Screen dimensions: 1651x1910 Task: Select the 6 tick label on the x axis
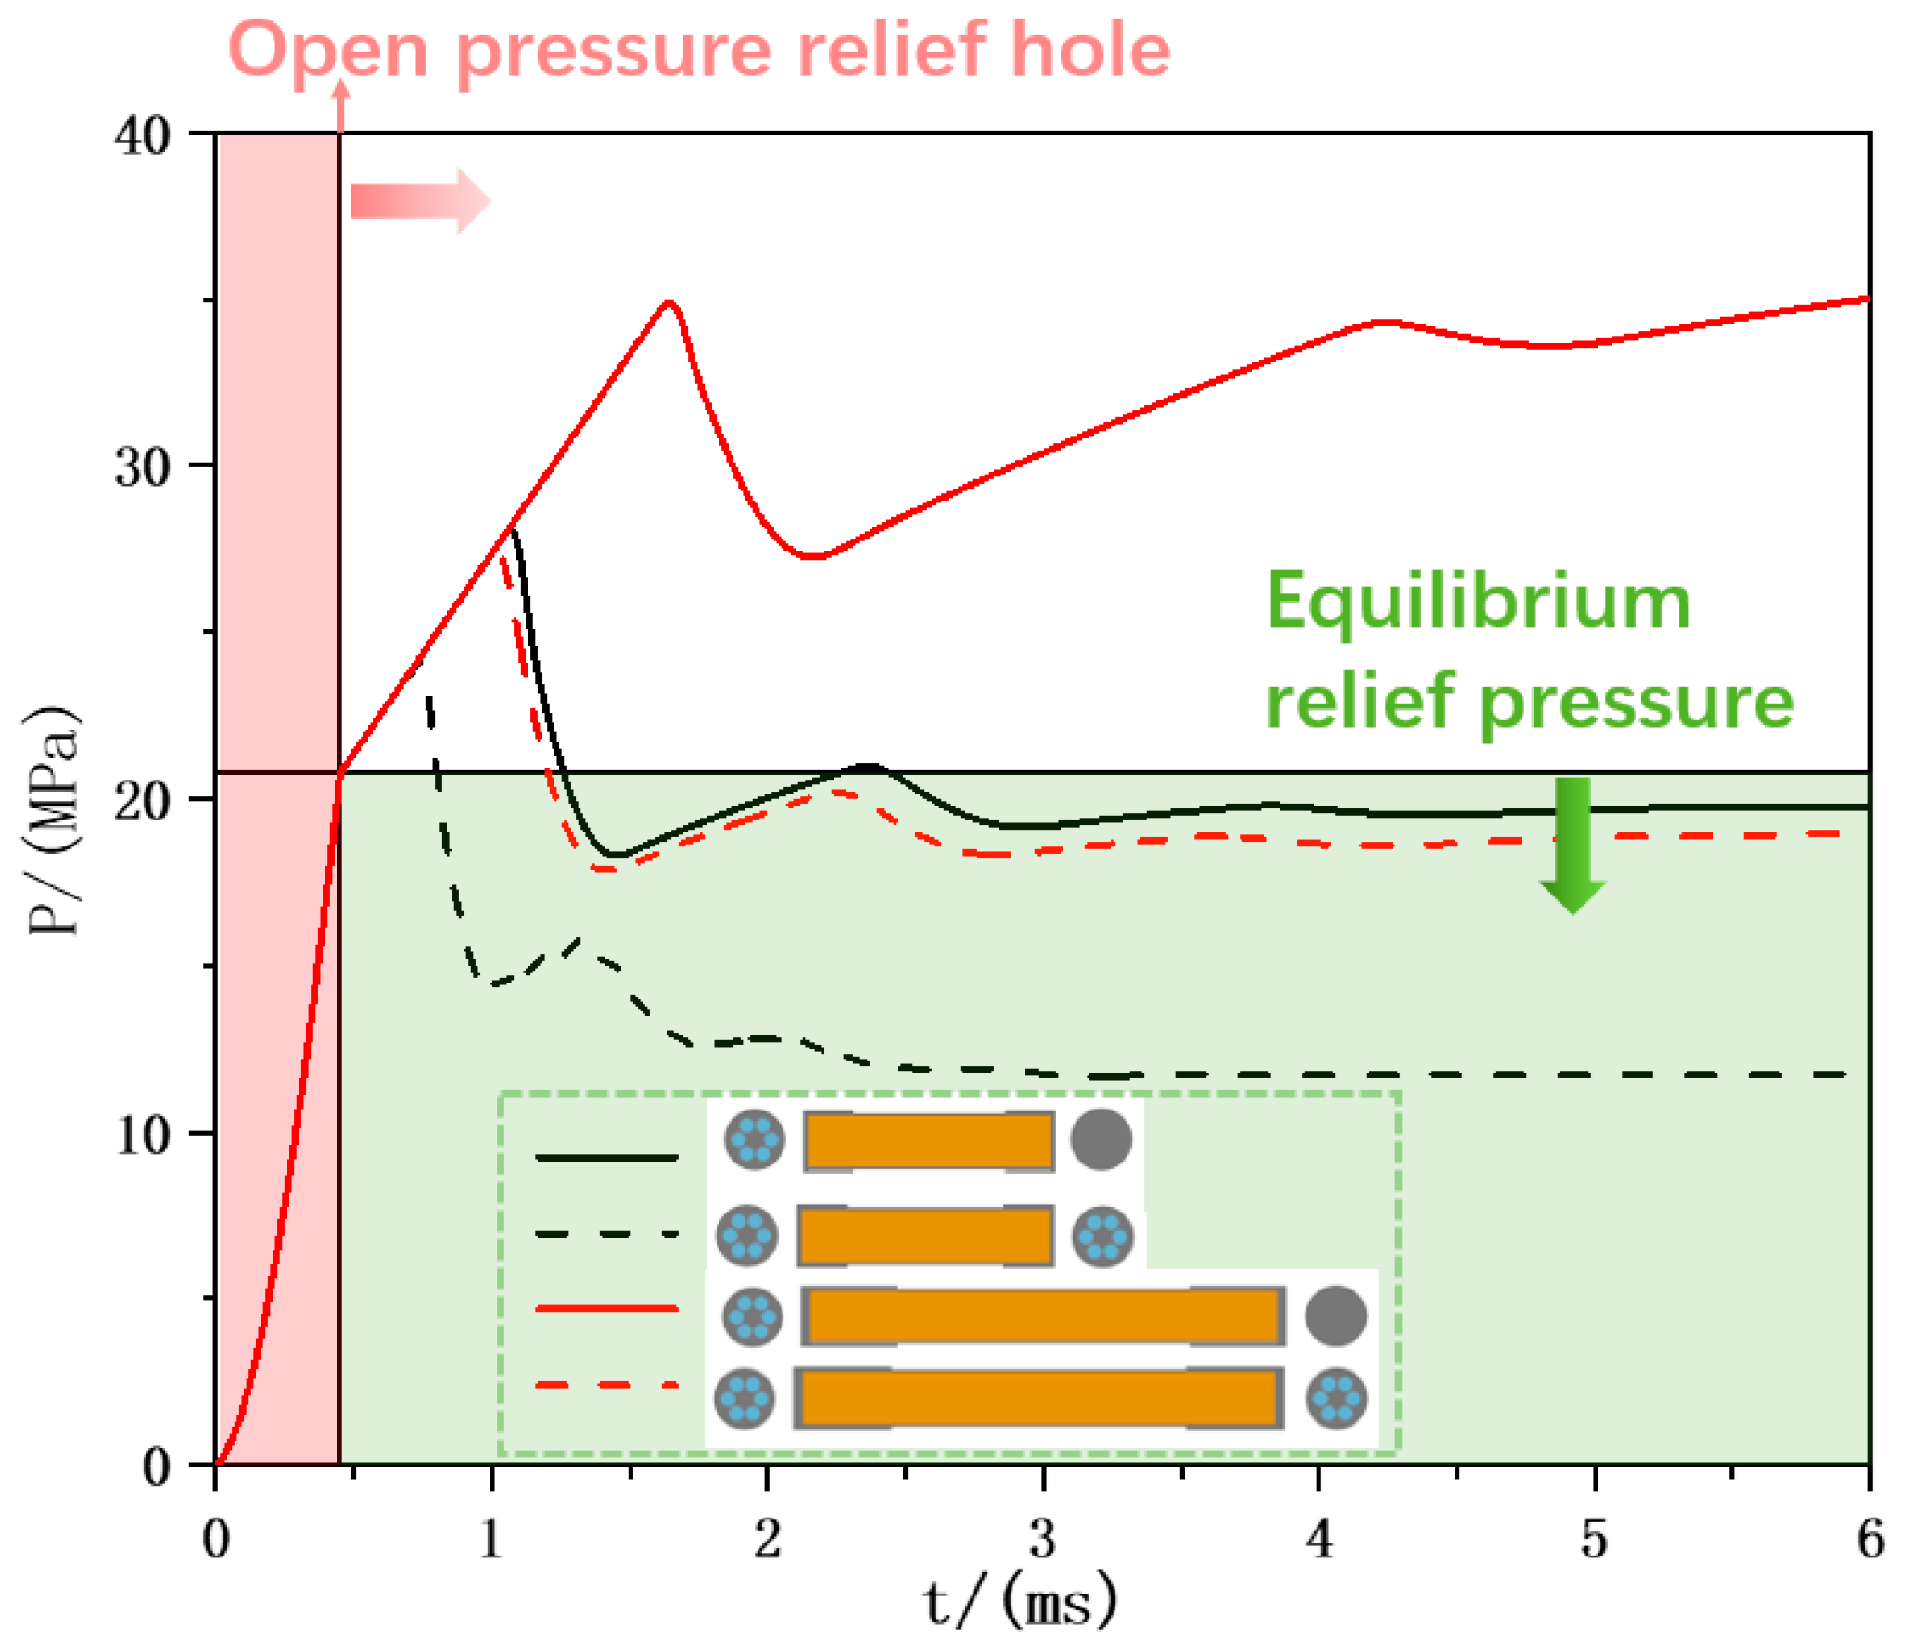pyautogui.click(x=1869, y=1540)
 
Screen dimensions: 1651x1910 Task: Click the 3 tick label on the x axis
pyautogui.click(x=1043, y=1540)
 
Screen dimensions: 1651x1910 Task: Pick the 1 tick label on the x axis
pyautogui.click(x=491, y=1540)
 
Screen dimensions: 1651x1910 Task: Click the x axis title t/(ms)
pyautogui.click(x=1020, y=1602)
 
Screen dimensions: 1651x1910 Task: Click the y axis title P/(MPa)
pyautogui.click(x=54, y=821)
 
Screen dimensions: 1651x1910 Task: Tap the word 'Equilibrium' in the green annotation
pyautogui.click(x=1479, y=603)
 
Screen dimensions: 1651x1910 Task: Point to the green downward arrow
pyautogui.click(x=1573, y=844)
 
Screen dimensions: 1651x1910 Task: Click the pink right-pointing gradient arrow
pyautogui.click(x=420, y=200)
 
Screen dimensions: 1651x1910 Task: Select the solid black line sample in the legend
pyautogui.click(x=606, y=1158)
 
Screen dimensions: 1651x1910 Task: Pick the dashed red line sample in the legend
pyautogui.click(x=606, y=1385)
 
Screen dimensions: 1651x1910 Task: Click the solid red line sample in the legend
pyautogui.click(x=606, y=1309)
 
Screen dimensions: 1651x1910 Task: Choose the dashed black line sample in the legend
pyautogui.click(x=606, y=1234)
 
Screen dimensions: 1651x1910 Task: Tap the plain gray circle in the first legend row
pyautogui.click(x=1101, y=1139)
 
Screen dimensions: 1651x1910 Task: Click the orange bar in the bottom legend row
pyautogui.click(x=1038, y=1398)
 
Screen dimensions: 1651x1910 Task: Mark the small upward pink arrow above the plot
pyautogui.click(x=341, y=102)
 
